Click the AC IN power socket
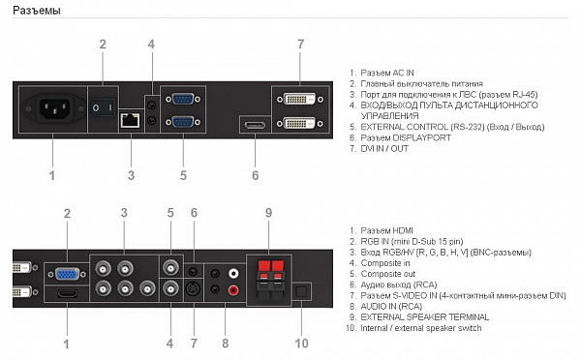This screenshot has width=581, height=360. [x=55, y=108]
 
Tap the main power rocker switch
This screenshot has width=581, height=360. [x=103, y=107]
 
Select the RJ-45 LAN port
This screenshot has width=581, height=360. [x=130, y=120]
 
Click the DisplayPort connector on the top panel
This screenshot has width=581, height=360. [x=255, y=125]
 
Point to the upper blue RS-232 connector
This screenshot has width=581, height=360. [x=183, y=99]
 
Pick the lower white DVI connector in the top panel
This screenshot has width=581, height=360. [x=300, y=123]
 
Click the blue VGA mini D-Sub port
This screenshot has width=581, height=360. [x=67, y=274]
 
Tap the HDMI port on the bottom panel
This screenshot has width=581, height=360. [x=67, y=293]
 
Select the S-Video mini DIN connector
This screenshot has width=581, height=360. [x=193, y=288]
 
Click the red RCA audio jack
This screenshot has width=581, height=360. [x=233, y=290]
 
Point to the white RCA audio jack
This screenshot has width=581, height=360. [x=233, y=274]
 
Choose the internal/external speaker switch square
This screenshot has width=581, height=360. [x=301, y=291]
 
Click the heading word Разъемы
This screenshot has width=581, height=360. [x=37, y=11]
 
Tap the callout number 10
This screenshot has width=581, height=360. [x=301, y=344]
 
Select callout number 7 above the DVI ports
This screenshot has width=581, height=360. [x=300, y=45]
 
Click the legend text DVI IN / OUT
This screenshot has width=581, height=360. [x=384, y=148]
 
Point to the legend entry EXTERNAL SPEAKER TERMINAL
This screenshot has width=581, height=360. [x=425, y=317]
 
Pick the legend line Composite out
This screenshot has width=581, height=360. [x=388, y=274]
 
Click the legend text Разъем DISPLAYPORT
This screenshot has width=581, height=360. [x=406, y=137]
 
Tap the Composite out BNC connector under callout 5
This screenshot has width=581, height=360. [x=170, y=267]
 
